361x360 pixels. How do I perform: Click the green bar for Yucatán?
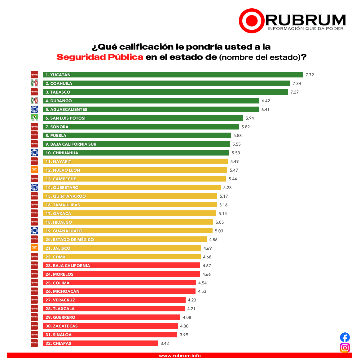point(173,75)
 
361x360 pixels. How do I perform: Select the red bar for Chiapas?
point(100,343)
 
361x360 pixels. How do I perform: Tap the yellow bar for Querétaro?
point(132,187)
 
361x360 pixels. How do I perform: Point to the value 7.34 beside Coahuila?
point(297,83)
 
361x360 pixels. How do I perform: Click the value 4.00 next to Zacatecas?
point(184,326)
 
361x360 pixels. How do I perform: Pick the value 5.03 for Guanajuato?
point(219,231)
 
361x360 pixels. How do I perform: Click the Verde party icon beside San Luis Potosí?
point(34,118)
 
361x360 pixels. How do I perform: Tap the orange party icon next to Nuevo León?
point(34,170)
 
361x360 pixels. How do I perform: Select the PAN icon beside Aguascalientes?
point(34,109)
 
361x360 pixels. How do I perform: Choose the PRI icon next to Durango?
point(34,100)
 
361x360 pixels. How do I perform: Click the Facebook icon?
point(345,337)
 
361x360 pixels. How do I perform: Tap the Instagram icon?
point(345,348)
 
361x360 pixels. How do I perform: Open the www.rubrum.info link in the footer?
point(180,356)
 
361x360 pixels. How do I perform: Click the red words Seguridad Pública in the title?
point(100,57)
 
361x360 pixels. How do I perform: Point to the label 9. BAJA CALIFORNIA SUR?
point(71,144)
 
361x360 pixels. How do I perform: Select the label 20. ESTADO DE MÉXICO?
point(69,239)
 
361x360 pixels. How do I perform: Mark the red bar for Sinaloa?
point(110,335)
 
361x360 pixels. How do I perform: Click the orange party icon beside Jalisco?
point(34,248)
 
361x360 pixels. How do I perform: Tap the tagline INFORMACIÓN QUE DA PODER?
point(306,29)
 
